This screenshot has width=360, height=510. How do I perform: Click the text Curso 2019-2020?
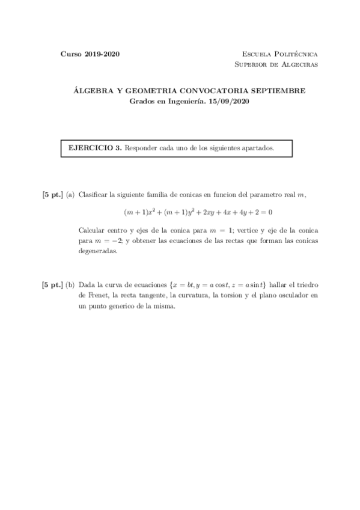90,54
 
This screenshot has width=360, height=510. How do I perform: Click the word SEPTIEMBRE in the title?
278,91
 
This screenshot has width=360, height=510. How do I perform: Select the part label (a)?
70,194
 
